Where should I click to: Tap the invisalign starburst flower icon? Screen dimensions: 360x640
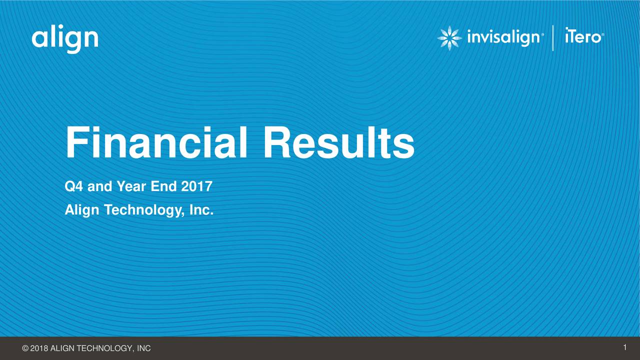(449, 38)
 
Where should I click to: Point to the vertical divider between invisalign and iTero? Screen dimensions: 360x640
(553, 38)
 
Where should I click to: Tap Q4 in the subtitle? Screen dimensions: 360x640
(74, 187)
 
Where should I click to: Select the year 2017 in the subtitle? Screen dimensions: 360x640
(197, 187)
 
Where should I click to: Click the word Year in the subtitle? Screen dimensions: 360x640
(131, 187)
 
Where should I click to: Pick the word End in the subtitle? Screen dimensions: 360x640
(164, 187)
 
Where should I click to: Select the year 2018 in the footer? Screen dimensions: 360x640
(39, 348)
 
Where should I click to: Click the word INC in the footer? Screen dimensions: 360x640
(144, 348)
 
